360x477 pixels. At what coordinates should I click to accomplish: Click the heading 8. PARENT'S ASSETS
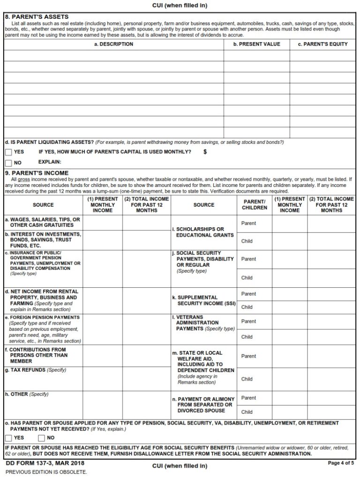tap(36, 17)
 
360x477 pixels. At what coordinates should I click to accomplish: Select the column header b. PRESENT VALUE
tap(256, 44)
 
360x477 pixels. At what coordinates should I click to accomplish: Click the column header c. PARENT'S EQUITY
tap(322, 44)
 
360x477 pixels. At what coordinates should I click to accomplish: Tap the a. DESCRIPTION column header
tap(113, 44)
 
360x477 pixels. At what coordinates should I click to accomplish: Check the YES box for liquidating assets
tap(8, 152)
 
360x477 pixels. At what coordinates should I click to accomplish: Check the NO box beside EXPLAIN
tap(8, 163)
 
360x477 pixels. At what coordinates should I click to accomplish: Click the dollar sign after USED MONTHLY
tap(205, 152)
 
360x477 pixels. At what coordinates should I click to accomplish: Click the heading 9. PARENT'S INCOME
tap(36, 173)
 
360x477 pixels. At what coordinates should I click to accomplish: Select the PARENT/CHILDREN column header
tap(255, 205)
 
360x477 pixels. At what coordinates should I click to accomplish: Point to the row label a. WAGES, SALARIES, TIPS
tap(42, 222)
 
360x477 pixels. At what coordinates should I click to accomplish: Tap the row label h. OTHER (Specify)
tap(26, 394)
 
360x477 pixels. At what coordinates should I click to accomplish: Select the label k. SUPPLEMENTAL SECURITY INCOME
tap(203, 300)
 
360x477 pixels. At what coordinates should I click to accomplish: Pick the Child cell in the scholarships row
tap(247, 241)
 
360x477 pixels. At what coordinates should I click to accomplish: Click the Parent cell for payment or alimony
tap(248, 398)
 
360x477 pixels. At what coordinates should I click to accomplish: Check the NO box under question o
tap(42, 438)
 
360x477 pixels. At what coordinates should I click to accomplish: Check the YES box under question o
tap(8, 438)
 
